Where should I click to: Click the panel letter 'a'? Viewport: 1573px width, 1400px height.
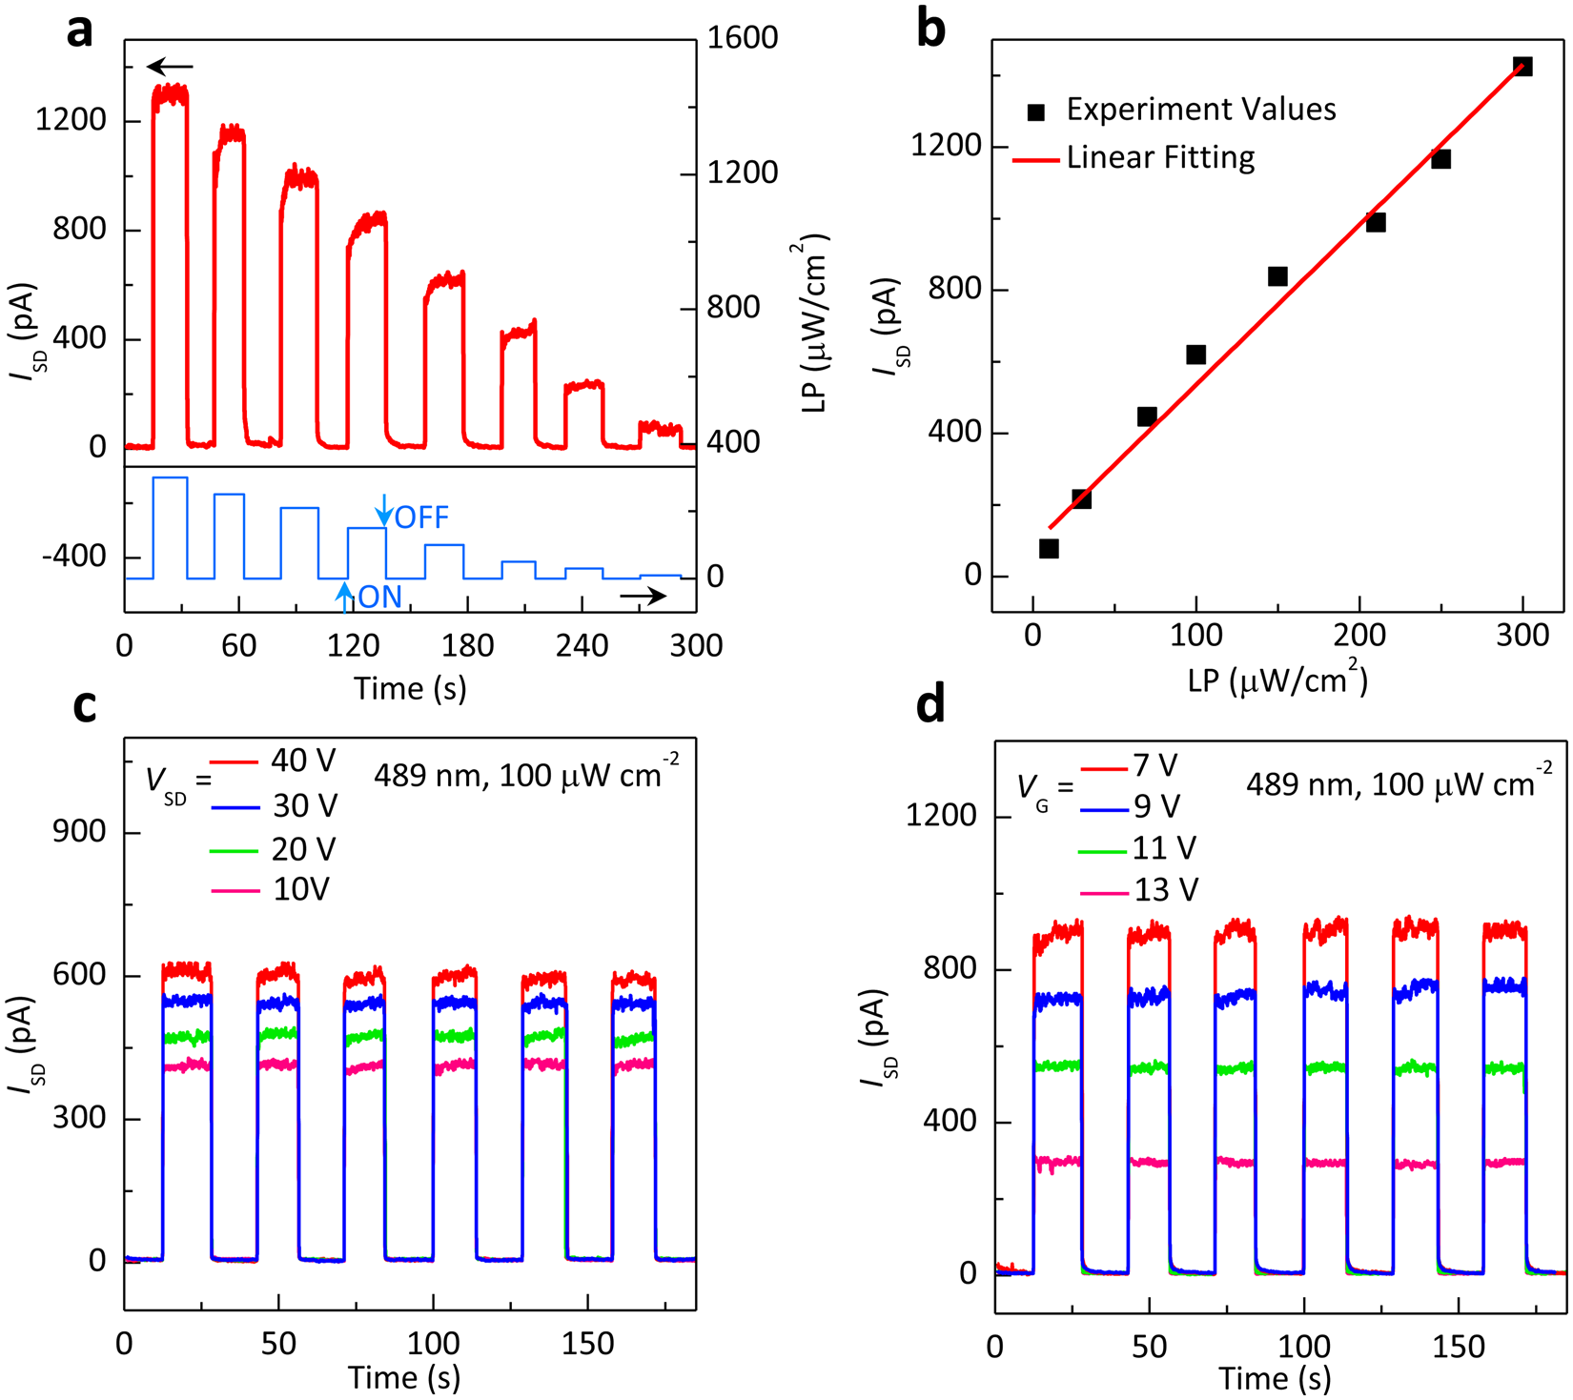pos(80,31)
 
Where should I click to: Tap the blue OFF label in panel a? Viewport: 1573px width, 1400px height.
pos(421,517)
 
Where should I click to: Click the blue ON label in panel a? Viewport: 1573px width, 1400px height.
pos(379,598)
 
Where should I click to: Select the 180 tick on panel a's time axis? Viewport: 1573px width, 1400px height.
pos(467,646)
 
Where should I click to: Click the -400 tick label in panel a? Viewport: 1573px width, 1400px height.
pos(73,557)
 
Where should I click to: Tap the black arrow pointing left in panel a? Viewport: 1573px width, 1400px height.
pos(171,67)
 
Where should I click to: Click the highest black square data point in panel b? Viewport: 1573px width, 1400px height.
pos(1522,67)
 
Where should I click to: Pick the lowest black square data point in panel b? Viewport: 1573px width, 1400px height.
pos(1049,549)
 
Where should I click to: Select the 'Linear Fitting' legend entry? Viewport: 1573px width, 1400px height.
pos(1160,158)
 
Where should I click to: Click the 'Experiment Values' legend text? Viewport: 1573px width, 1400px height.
pos(1200,110)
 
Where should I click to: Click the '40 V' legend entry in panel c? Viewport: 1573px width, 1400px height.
pos(303,761)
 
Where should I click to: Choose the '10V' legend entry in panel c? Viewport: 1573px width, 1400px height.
pos(300,889)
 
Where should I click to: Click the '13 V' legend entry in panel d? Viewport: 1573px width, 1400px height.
pos(1165,890)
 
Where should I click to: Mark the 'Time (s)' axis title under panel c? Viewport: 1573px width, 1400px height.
pos(404,1378)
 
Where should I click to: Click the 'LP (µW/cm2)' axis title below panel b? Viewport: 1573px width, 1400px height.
pos(1277,680)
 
